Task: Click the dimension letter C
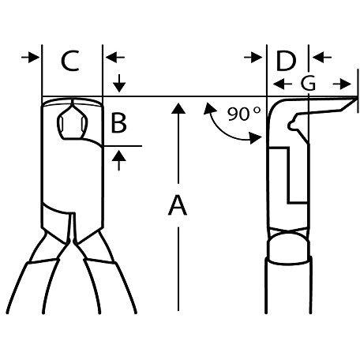point(70,61)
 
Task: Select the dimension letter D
point(286,61)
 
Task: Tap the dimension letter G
point(308,84)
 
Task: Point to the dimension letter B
point(118,122)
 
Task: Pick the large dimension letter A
point(178,205)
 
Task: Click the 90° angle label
point(244,114)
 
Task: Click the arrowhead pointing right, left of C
point(31,57)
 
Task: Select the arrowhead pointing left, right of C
point(114,57)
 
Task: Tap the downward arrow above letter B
point(119,83)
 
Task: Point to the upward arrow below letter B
point(119,160)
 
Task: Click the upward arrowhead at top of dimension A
point(178,108)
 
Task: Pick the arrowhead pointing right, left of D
point(253,58)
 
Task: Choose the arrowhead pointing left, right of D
point(322,57)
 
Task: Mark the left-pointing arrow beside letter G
point(282,84)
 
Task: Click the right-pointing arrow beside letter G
point(342,84)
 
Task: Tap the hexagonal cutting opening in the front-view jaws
point(72,121)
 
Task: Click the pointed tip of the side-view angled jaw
point(357,99)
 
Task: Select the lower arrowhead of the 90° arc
point(256,138)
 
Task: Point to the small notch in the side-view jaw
point(291,125)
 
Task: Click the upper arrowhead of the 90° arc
point(209,108)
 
